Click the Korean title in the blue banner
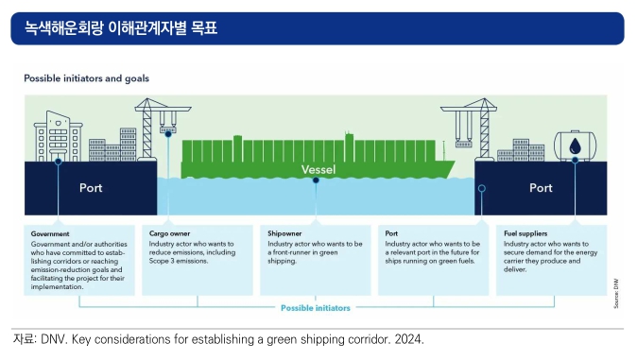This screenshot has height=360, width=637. pyautogui.click(x=121, y=28)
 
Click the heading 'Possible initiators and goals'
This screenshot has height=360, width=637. pyautogui.click(x=87, y=78)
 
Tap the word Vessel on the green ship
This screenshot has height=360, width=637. pyautogui.click(x=318, y=169)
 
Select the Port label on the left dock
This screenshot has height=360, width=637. pyautogui.click(x=91, y=188)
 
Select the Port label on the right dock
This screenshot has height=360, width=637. pyautogui.click(x=541, y=188)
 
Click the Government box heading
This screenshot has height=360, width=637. pyautogui.click(x=50, y=234)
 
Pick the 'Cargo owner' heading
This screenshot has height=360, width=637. pyautogui.click(x=169, y=233)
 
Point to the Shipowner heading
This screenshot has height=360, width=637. pyautogui.click(x=284, y=233)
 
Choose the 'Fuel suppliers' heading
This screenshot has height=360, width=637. pyautogui.click(x=525, y=233)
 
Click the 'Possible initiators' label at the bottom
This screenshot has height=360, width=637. pyautogui.click(x=316, y=308)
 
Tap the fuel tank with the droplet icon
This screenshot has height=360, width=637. pyautogui.click(x=575, y=146)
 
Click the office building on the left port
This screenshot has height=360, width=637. pyautogui.click(x=58, y=136)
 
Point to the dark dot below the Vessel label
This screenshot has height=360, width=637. pyautogui.click(x=316, y=180)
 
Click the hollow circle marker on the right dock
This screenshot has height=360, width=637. pyautogui.click(x=482, y=189)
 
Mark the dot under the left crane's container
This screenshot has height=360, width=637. pyautogui.click(x=168, y=134)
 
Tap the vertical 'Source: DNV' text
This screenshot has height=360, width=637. pyautogui.click(x=616, y=293)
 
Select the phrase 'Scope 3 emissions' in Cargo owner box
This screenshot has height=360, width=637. pyautogui.click(x=178, y=261)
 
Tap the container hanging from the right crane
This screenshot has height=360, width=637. pyautogui.click(x=463, y=144)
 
